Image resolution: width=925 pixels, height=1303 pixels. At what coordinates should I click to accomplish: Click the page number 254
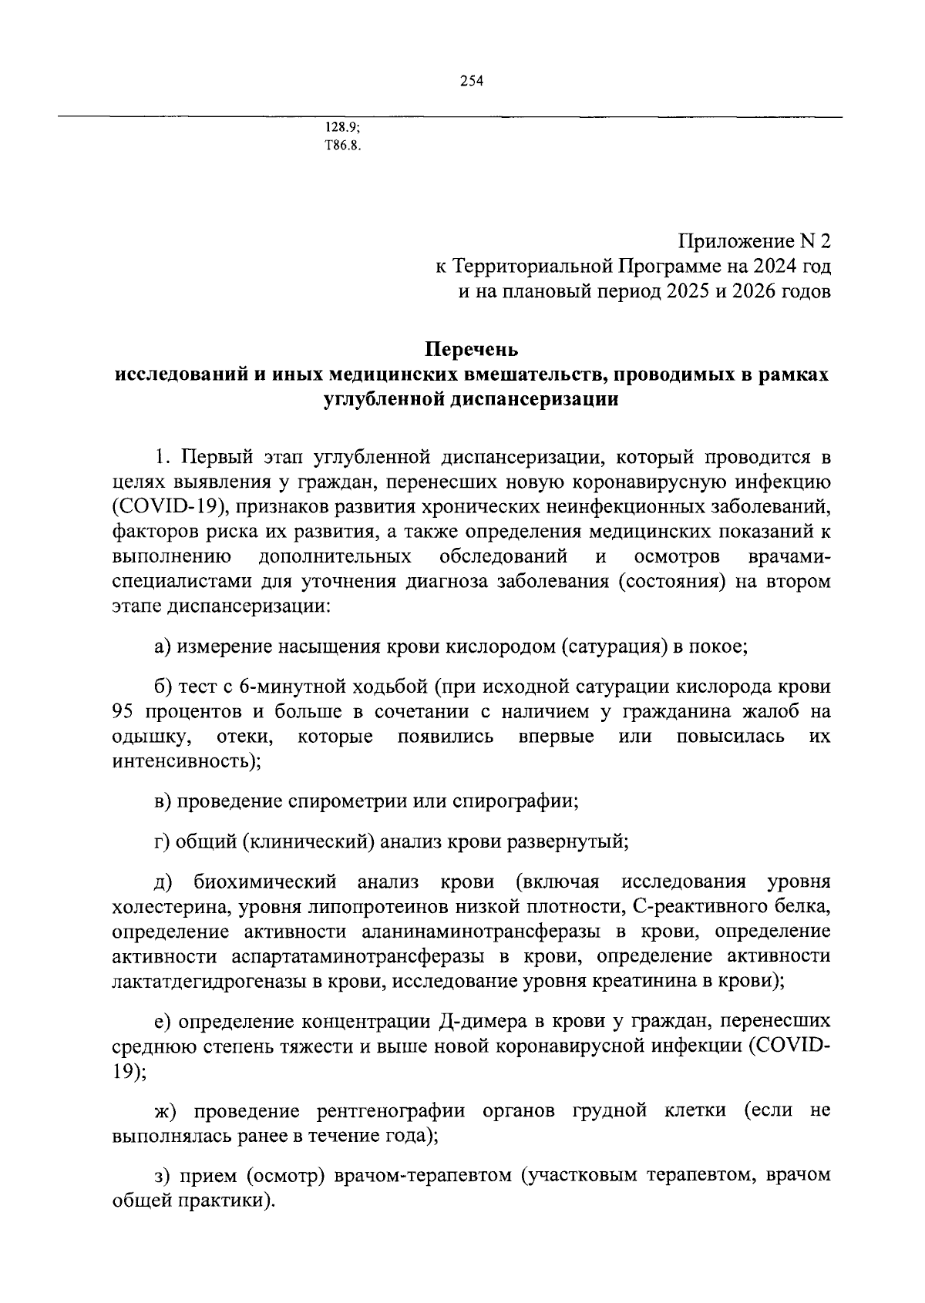(x=471, y=82)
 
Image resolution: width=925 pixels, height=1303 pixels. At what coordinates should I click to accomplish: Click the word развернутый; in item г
(x=567, y=841)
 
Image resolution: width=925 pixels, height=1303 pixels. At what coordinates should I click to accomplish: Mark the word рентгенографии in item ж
(x=390, y=1111)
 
